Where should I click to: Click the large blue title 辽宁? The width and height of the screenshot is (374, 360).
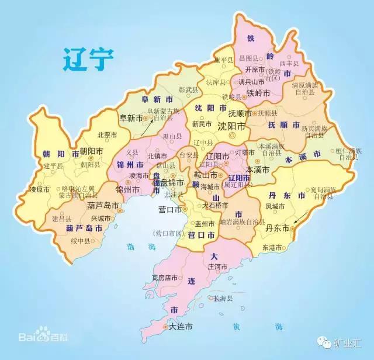tap(89, 60)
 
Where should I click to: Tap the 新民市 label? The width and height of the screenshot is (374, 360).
tap(202, 124)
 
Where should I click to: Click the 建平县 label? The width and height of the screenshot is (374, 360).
tap(53, 166)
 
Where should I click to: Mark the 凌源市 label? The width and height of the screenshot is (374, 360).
tap(41, 189)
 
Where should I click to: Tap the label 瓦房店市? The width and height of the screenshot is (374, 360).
tap(165, 278)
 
